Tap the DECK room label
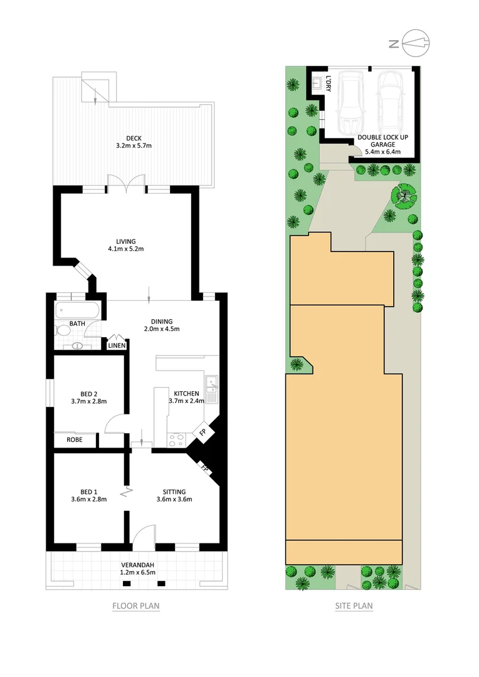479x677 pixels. pos(134,137)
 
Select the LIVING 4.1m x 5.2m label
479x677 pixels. pos(125,241)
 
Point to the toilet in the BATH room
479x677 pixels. pos(64,330)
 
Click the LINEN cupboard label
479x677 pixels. pos(117,345)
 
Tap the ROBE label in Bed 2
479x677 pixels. pos(76,440)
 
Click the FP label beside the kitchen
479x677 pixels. pos(203,432)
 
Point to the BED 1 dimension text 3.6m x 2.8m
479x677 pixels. pos(90,500)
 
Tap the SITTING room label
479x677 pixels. pos(174,491)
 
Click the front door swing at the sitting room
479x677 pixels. pos(143,534)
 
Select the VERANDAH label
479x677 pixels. pos(137,564)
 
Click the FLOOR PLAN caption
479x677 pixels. pos(136,606)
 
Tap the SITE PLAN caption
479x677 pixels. pos(354,606)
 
